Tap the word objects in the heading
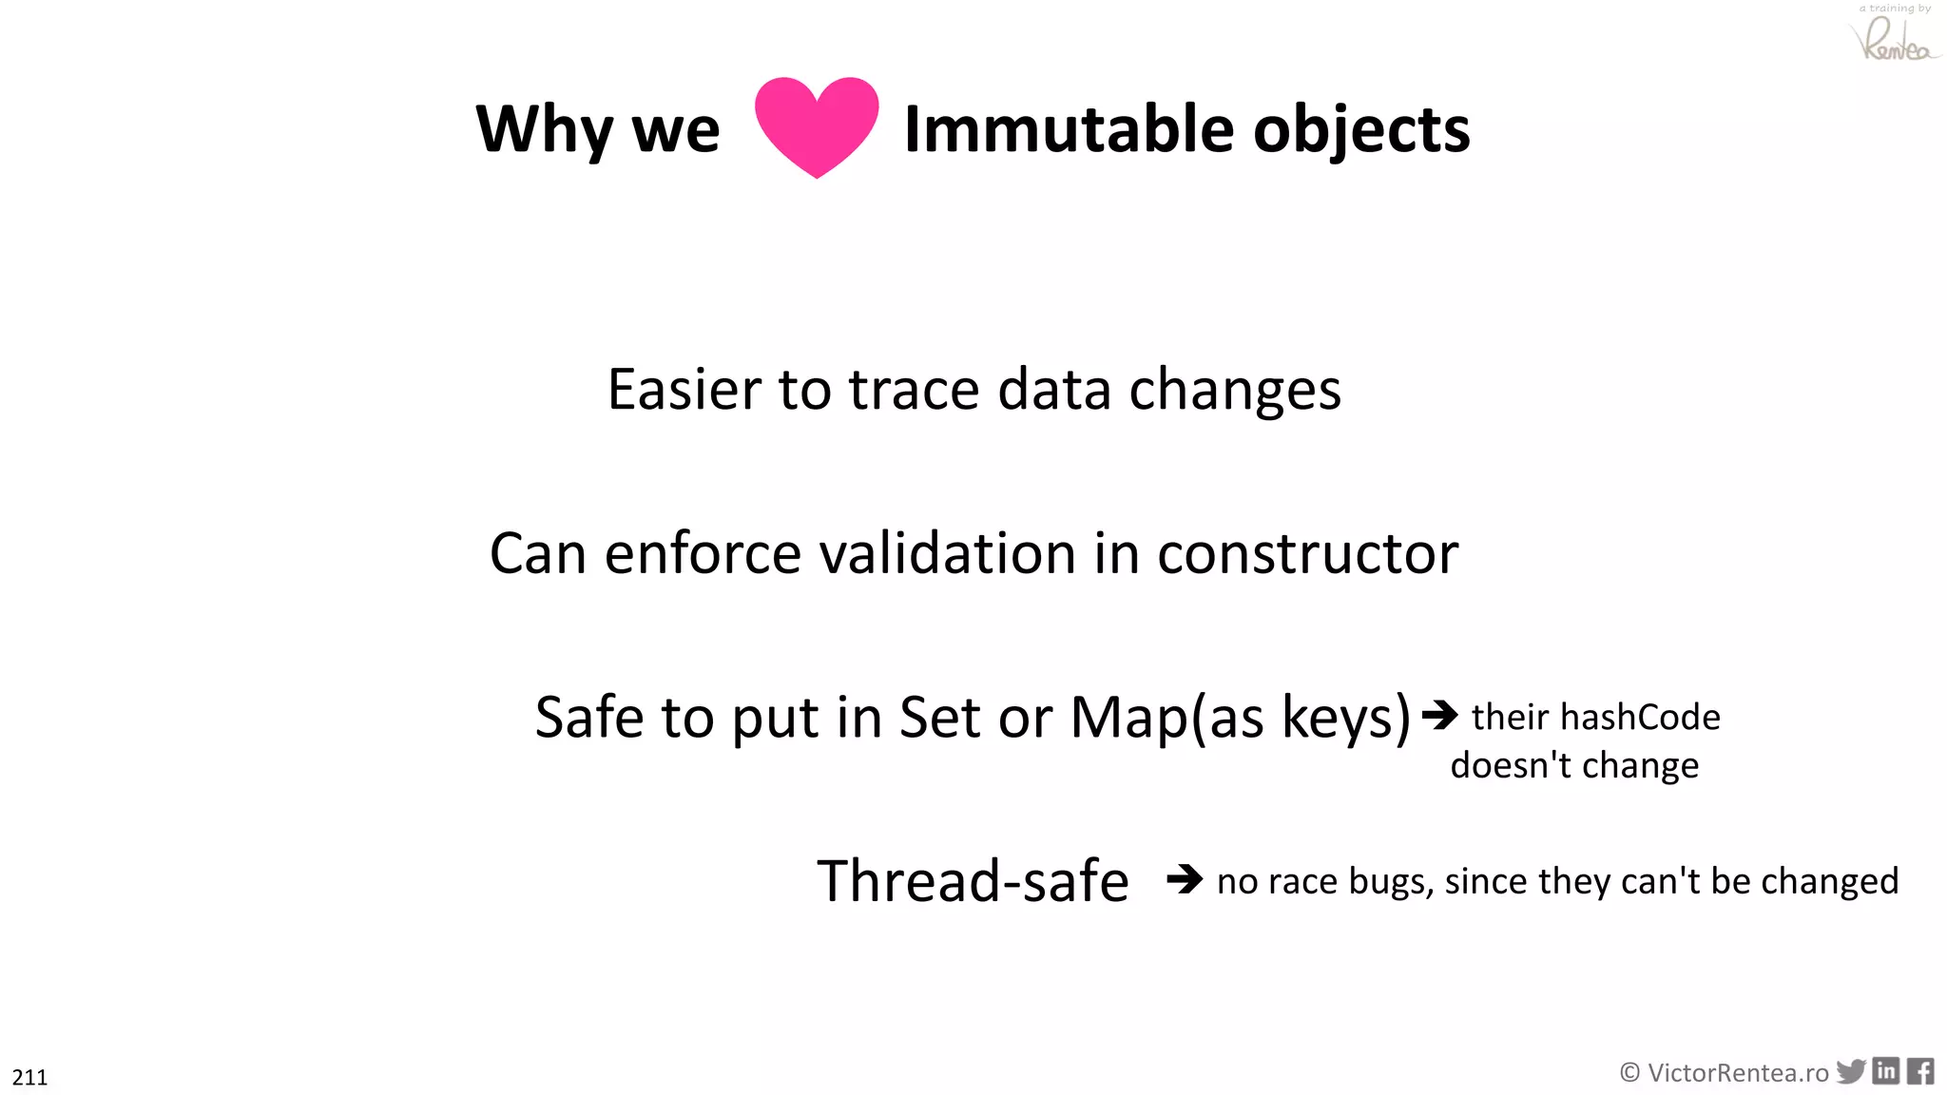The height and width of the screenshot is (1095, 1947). (1361, 131)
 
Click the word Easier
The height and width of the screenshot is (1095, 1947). (684, 390)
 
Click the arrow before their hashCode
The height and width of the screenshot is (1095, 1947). (1439, 715)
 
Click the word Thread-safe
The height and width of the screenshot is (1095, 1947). (973, 881)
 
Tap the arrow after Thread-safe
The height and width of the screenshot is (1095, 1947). (1185, 878)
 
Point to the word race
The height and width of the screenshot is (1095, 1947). (1303, 882)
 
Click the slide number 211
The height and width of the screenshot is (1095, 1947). (29, 1077)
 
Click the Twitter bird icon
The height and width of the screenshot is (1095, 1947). (1850, 1071)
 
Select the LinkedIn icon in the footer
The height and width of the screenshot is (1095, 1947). (1886, 1071)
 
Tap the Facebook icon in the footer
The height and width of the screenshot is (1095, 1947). (1920, 1071)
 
